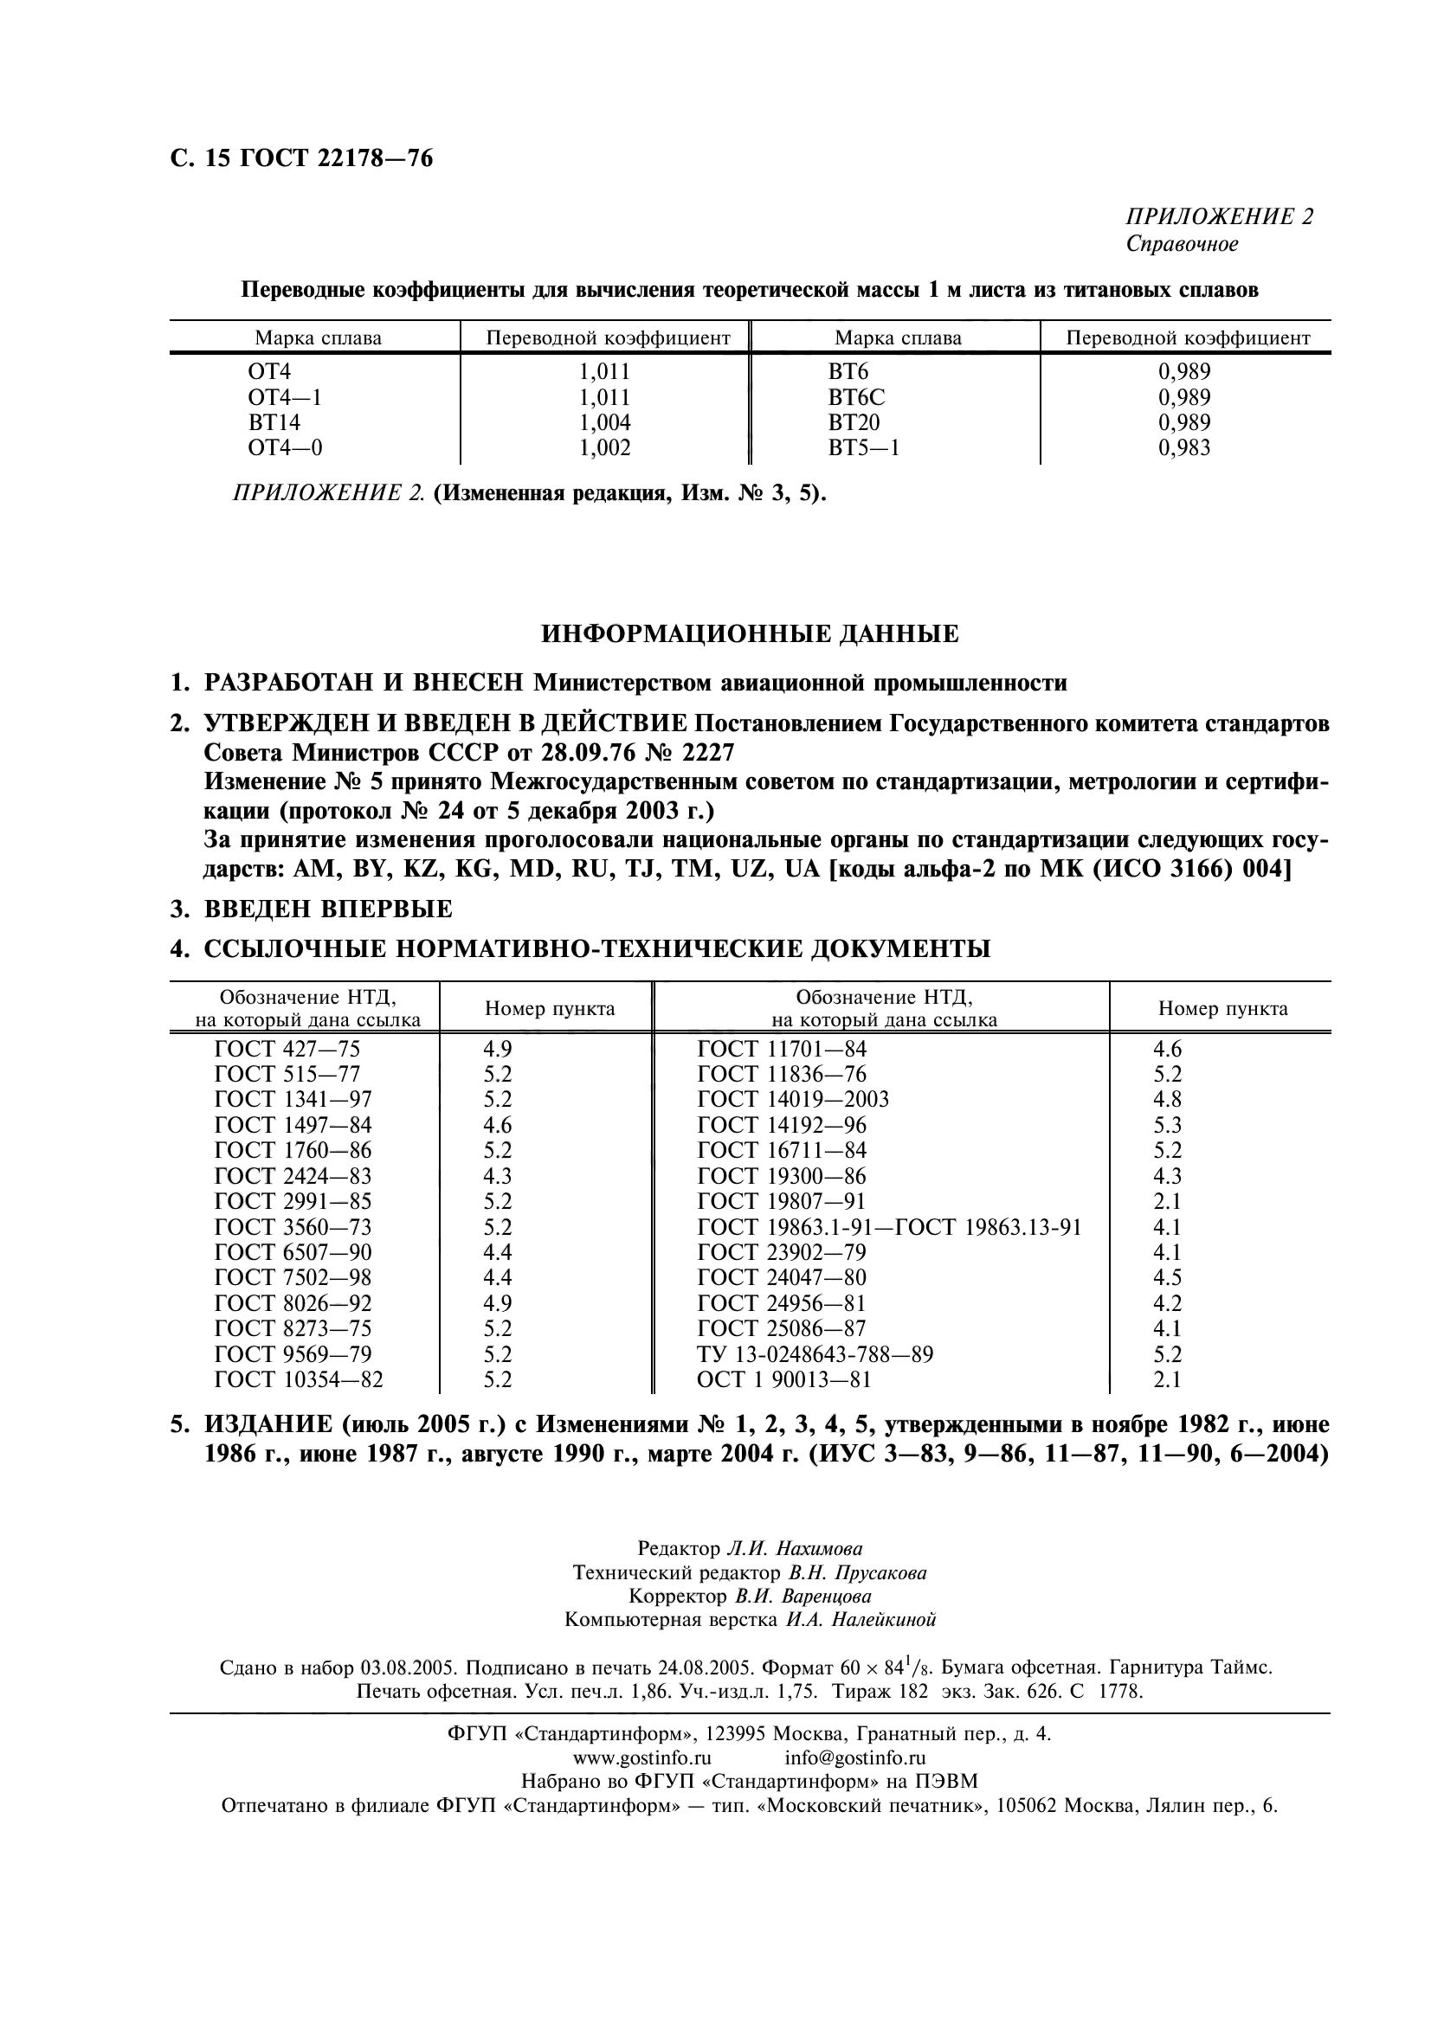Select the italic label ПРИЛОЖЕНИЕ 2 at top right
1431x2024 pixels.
[x=1220, y=217]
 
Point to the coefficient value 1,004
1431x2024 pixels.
[x=604, y=422]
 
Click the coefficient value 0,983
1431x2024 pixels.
[x=1184, y=448]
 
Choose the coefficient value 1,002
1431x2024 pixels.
[x=604, y=448]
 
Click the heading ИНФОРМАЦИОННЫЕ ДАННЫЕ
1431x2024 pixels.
[x=749, y=633]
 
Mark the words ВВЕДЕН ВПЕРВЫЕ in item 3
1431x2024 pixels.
[x=328, y=908]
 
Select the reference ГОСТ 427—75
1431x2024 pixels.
[x=287, y=1049]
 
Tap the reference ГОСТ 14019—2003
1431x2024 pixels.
[x=793, y=1099]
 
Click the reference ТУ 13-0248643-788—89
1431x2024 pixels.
[x=815, y=1354]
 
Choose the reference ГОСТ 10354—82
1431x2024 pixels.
[x=299, y=1379]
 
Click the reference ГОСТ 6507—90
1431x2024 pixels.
[x=293, y=1253]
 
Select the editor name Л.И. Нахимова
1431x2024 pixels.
[x=795, y=1549]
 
